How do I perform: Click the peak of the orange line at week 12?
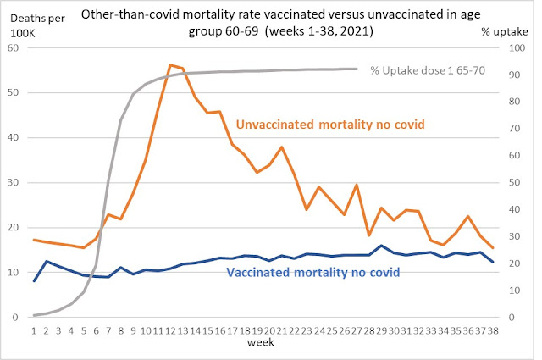click(170, 64)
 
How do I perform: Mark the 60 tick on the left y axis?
click(15, 47)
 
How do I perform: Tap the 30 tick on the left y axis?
click(15, 182)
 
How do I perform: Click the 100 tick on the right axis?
click(515, 47)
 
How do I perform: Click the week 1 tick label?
click(34, 330)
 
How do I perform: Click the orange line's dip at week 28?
click(368, 235)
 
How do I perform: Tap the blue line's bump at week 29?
click(382, 246)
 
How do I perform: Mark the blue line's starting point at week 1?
click(34, 280)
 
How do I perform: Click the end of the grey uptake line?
click(356, 69)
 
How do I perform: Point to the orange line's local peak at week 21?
click(281, 147)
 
